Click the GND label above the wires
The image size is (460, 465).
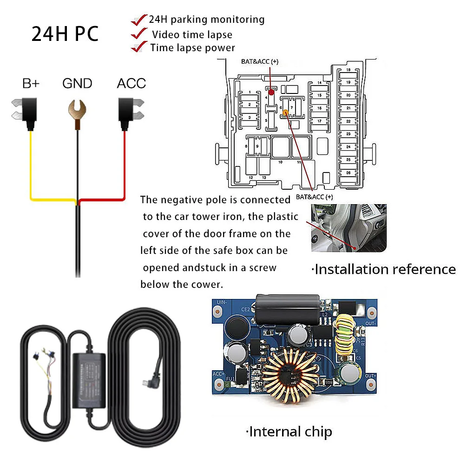coord(77,84)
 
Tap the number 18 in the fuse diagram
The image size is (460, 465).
coord(348,70)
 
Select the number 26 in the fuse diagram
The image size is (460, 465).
coord(348,173)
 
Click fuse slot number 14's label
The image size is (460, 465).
coord(319,83)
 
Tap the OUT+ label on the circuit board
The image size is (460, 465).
coord(370,375)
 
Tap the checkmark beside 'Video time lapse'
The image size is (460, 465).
coord(138,34)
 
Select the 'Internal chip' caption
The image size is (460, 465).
coord(289,432)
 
